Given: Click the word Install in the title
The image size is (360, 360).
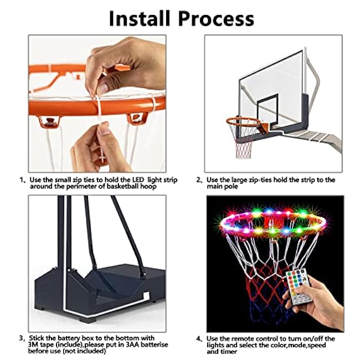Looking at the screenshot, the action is click(x=140, y=18).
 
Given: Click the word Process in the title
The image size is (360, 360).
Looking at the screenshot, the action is click(x=216, y=19).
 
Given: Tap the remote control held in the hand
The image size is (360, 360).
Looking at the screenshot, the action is click(x=297, y=286).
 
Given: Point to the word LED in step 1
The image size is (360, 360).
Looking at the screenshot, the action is click(x=138, y=180).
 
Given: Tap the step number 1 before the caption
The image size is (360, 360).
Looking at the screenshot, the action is click(x=22, y=180).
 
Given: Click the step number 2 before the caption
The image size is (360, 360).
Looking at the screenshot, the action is click(x=199, y=180).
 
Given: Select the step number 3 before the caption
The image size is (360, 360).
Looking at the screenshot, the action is click(x=21, y=338).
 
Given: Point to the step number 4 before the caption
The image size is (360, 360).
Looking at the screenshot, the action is click(x=199, y=339).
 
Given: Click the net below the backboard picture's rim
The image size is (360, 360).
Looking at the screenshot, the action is click(x=243, y=143).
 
